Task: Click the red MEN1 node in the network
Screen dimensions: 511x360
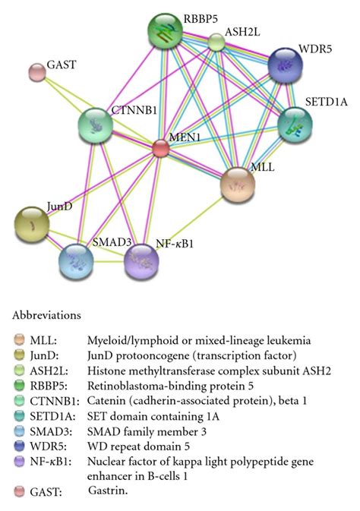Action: (x=160, y=147)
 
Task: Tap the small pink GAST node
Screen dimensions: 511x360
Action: (x=36, y=72)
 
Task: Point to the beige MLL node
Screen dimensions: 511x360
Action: (x=238, y=183)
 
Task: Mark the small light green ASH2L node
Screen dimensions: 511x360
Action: (x=217, y=43)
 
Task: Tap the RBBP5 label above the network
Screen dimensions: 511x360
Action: (x=198, y=15)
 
